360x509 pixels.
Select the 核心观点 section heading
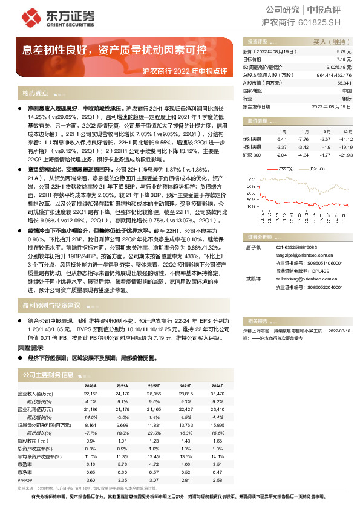(35, 94)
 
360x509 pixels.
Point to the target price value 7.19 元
(344, 60)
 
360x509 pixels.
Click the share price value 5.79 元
(344, 53)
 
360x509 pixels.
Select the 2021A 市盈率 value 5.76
(122, 465)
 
